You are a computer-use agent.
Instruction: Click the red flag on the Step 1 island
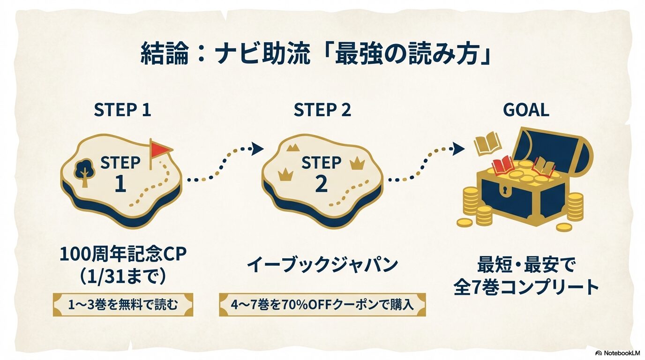point(161,149)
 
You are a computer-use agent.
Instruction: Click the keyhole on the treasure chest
point(504,191)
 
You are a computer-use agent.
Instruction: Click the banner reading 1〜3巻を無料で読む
point(123,305)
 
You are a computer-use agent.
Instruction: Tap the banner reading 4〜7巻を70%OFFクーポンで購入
point(322,305)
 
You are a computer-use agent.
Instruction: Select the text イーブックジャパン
point(322,265)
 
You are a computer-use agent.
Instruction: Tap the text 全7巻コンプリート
point(526,287)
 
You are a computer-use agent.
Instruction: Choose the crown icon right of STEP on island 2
point(357,163)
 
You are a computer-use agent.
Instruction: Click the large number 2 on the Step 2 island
point(321,184)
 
